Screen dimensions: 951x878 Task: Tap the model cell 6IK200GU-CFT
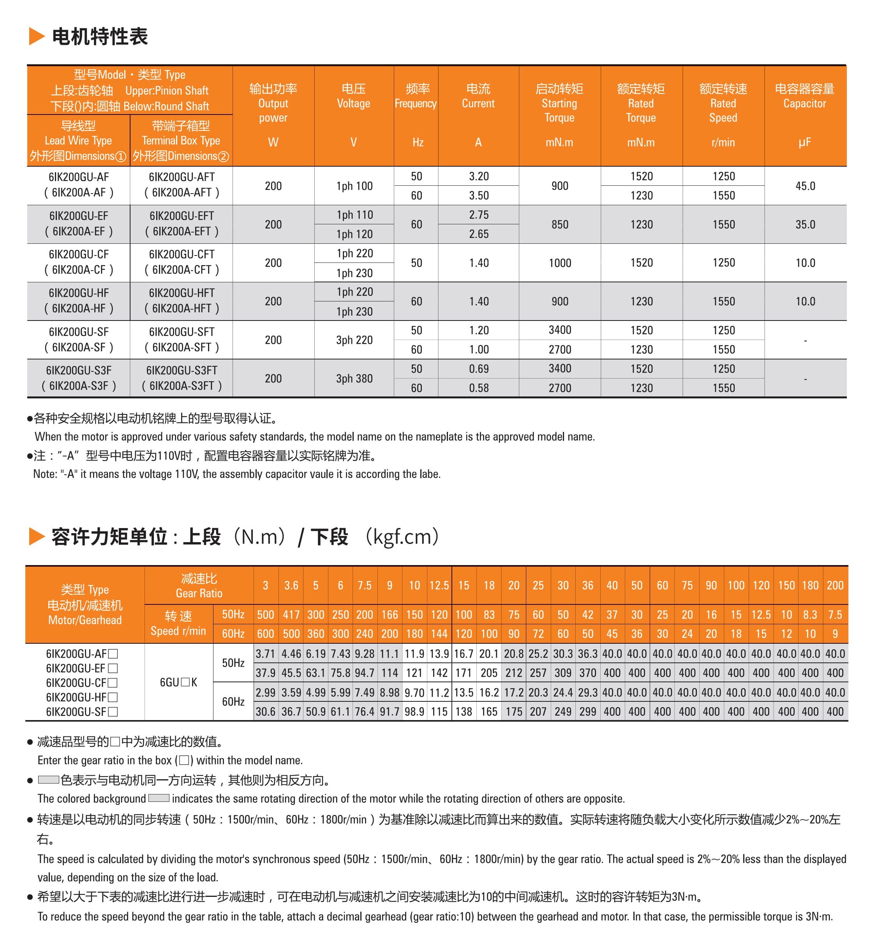(182, 255)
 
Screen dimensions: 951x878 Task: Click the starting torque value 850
(560, 225)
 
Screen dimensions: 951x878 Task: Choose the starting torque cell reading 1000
(560, 263)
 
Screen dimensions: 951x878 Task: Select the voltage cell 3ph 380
(354, 379)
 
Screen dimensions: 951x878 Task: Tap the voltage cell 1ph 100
(354, 186)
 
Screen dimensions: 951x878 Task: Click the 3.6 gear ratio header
(291, 585)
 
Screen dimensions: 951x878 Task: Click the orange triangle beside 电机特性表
(37, 36)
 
